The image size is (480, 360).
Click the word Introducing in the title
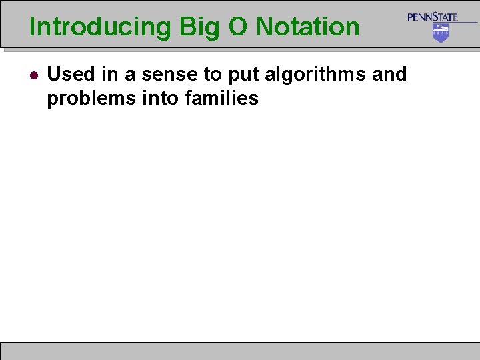coord(100,27)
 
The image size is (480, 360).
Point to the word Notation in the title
coord(308,27)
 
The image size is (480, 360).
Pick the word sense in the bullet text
coord(161,74)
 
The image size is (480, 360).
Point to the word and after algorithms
coord(389,74)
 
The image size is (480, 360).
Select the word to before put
coord(201,75)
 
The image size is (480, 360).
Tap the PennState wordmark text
coord(433,17)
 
